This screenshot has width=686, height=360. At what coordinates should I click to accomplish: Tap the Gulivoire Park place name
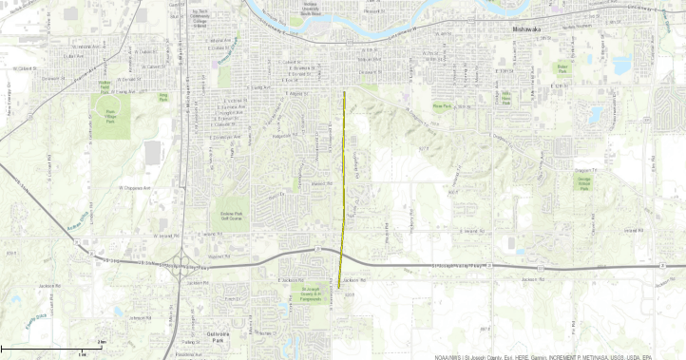(x=219, y=334)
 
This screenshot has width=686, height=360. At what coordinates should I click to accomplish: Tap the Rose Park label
(x=441, y=105)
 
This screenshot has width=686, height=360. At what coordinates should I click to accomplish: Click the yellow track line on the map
(x=342, y=190)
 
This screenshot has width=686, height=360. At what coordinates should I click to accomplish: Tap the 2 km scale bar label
(x=101, y=341)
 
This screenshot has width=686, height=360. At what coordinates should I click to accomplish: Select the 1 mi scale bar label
(x=83, y=353)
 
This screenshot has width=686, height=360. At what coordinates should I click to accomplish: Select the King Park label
(x=162, y=95)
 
